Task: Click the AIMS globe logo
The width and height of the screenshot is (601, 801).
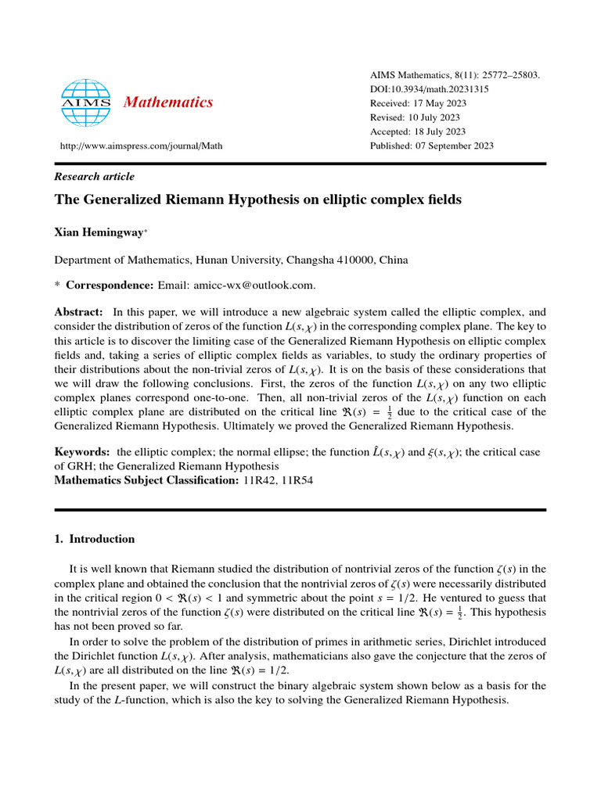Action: click(87, 102)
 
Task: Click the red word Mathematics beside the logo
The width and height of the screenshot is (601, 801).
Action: click(168, 102)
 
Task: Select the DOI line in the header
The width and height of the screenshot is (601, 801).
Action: click(429, 89)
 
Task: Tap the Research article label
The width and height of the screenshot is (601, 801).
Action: click(94, 177)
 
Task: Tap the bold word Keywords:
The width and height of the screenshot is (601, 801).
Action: click(81, 452)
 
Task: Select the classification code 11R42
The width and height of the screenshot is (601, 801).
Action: click(257, 480)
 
